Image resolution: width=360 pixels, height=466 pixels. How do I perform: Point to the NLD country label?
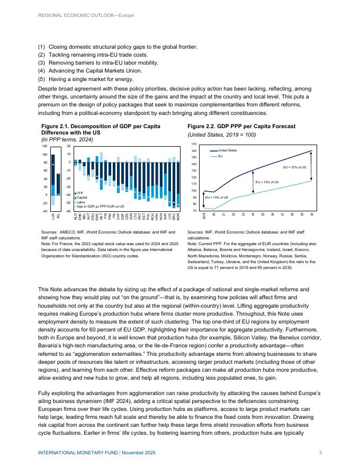(x=76, y=216)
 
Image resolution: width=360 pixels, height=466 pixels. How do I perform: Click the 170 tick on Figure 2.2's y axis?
(x=194, y=144)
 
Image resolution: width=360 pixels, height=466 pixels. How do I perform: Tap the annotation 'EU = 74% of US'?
(x=217, y=197)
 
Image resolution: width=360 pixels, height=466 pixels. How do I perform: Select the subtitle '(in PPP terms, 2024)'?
(x=67, y=140)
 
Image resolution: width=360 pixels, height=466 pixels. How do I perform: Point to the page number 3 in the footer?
(x=321, y=452)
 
